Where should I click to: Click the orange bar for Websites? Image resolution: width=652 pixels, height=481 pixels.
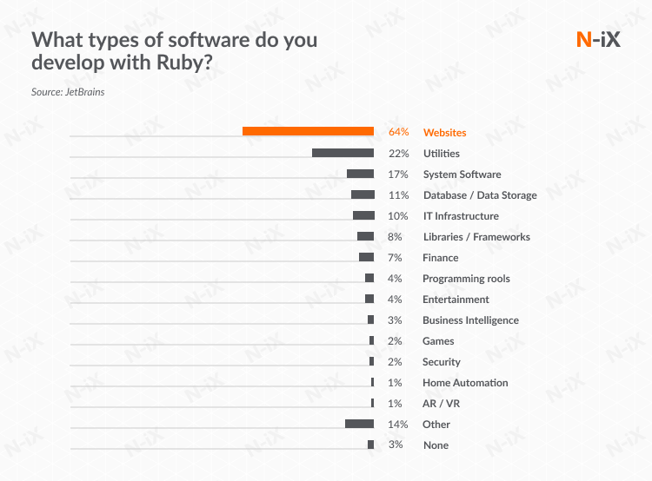(x=308, y=132)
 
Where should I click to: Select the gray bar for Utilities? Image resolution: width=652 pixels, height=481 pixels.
(x=343, y=153)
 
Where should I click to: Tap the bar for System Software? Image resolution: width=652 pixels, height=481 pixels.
(x=360, y=174)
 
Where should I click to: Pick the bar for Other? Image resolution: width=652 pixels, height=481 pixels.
(x=359, y=424)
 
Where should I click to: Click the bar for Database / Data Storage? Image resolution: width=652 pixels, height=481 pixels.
(x=363, y=194)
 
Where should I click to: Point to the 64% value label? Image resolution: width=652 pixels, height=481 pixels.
(x=398, y=133)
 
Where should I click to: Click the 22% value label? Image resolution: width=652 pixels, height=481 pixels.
(x=398, y=154)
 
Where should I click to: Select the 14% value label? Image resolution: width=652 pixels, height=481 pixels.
(x=398, y=425)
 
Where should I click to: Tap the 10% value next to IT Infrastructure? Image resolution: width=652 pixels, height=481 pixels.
(x=398, y=216)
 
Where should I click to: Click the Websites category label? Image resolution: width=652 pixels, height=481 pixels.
(x=444, y=133)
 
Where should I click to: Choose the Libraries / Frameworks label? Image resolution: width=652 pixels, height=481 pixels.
(x=476, y=237)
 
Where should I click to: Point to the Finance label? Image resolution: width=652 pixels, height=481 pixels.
(x=440, y=258)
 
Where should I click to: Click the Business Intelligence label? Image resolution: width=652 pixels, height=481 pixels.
(x=470, y=320)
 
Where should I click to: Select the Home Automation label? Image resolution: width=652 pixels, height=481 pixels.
(x=465, y=383)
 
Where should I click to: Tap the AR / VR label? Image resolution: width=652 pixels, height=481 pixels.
(x=442, y=404)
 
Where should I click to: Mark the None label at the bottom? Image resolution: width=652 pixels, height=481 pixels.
(x=436, y=445)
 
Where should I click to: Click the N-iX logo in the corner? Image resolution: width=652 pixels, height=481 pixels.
(x=598, y=39)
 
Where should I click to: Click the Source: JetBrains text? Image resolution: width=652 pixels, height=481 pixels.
(x=68, y=91)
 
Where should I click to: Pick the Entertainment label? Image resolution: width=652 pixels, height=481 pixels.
(x=456, y=300)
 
